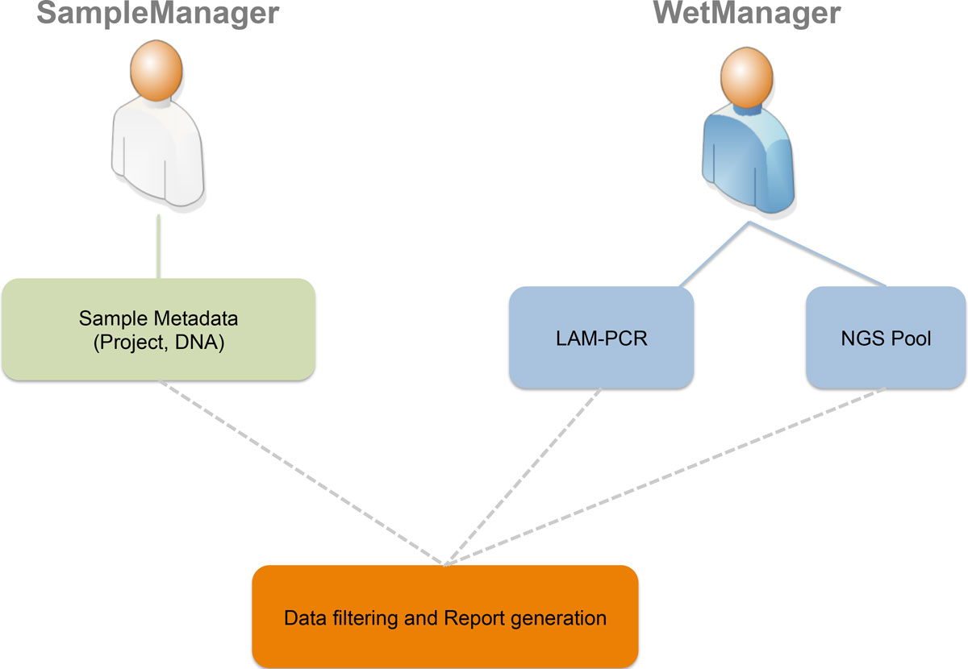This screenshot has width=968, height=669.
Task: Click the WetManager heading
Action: tap(747, 15)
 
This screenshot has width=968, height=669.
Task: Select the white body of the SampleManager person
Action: tap(157, 157)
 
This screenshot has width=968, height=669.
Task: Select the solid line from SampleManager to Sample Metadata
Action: tap(158, 246)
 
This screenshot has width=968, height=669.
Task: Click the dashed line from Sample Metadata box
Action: tap(302, 472)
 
